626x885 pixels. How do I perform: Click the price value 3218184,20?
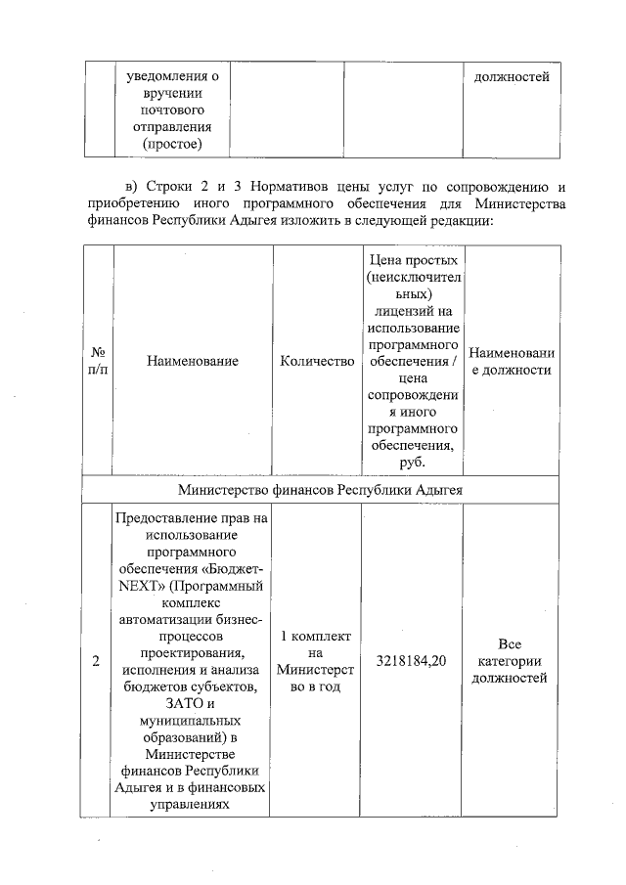pos(411,662)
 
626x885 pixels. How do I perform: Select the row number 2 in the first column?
pos(96,662)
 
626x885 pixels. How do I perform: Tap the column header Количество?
pos(316,362)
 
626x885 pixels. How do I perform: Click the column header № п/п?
pos(98,362)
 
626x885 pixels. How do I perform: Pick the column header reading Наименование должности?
pos(510,362)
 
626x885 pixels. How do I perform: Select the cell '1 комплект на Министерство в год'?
pos(316,661)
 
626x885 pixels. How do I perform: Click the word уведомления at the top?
pos(166,76)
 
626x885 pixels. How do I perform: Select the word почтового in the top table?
pos(172,111)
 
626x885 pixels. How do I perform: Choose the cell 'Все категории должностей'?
pos(510,661)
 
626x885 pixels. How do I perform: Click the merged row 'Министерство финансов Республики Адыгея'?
pos(321,488)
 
